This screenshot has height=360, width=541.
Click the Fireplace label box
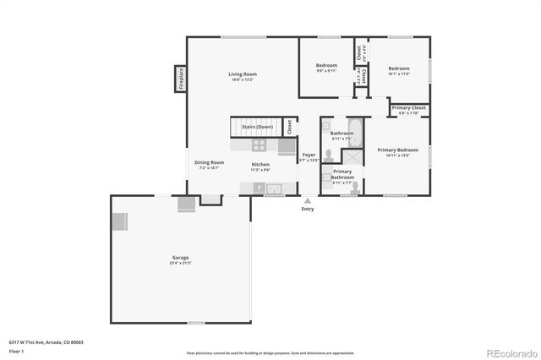[x=180, y=79]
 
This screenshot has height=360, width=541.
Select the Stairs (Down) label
[x=256, y=128]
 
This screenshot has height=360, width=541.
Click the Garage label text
[x=181, y=257]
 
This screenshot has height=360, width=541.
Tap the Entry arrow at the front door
[x=308, y=200]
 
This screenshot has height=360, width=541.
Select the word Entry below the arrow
[x=308, y=209]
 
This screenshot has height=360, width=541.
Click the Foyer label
[x=309, y=155]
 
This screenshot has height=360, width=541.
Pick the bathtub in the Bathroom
[x=354, y=132]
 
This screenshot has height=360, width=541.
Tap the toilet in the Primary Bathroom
[x=355, y=188]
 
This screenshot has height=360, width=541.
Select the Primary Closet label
[x=408, y=108]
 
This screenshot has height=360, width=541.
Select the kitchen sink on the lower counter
[x=276, y=188]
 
